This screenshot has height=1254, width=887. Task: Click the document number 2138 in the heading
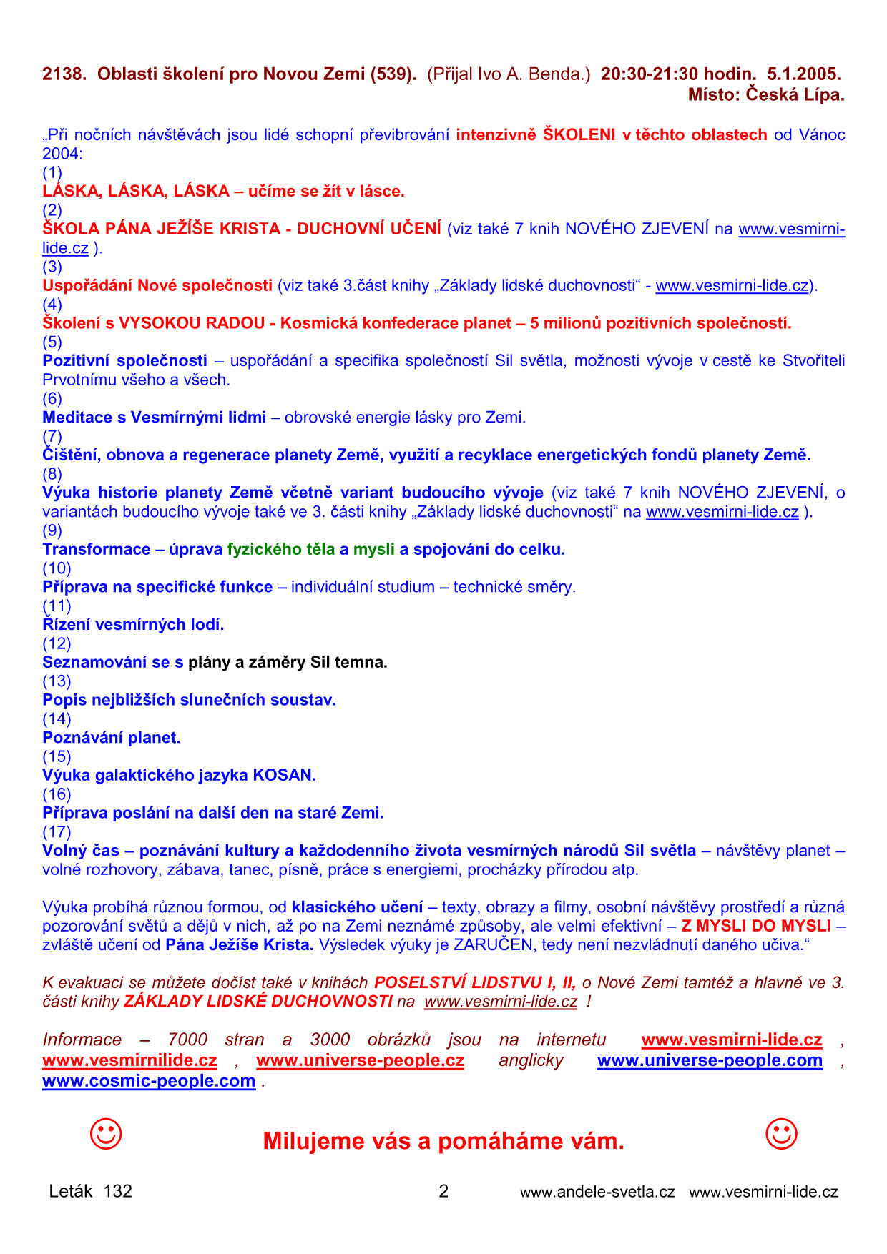[x=64, y=74]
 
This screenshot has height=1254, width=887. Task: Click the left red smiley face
[x=106, y=1134]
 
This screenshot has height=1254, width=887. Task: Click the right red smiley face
[x=781, y=1134]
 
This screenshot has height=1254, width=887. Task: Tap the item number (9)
[x=52, y=530]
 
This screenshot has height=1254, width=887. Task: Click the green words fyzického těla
[x=280, y=549]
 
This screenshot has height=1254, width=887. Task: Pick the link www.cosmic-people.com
[x=149, y=1081]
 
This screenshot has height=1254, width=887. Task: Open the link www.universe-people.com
[x=710, y=1060]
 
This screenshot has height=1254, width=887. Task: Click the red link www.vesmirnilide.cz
[x=129, y=1060]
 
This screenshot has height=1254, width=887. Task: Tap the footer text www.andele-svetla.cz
[x=597, y=1192]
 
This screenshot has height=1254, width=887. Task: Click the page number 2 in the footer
[x=443, y=1191]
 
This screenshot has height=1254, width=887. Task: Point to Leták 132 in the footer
[x=91, y=1191]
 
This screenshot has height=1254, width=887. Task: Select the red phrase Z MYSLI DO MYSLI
[x=755, y=926]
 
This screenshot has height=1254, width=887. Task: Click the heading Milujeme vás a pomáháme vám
[x=443, y=1141]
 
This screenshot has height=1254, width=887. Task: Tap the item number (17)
[x=57, y=831]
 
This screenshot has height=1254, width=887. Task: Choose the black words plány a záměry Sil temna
[x=288, y=662]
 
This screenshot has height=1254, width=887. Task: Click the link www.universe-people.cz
[x=360, y=1060]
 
